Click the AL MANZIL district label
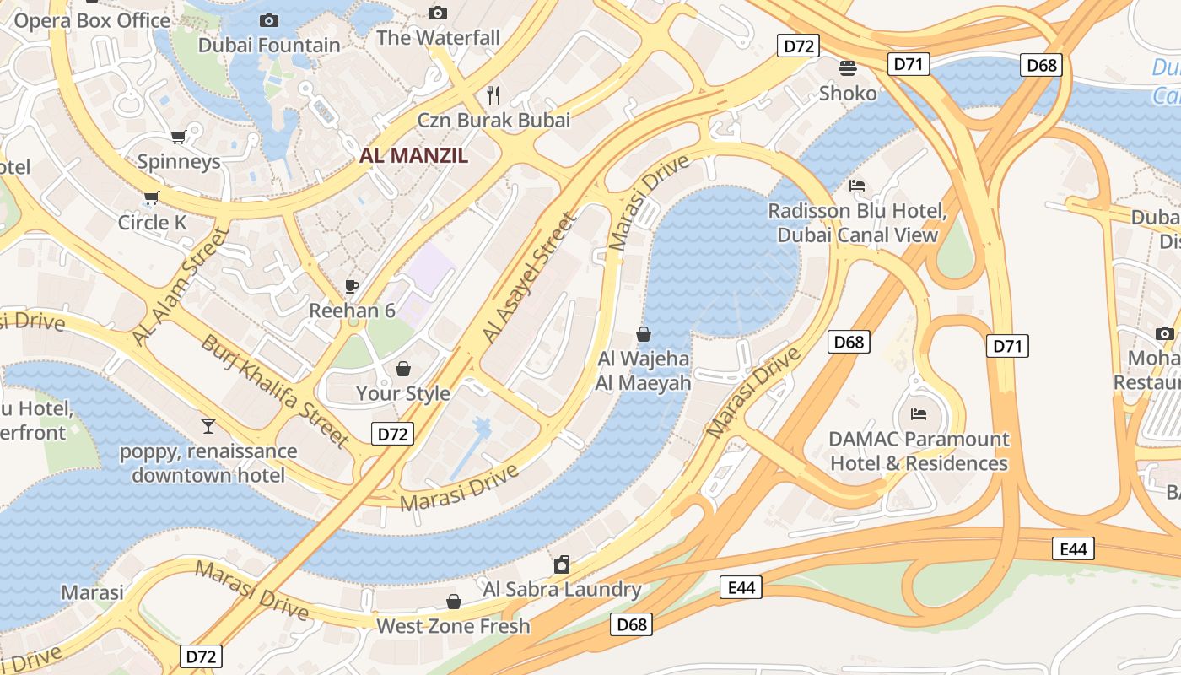pyautogui.click(x=413, y=155)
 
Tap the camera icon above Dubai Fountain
pyautogui.click(x=269, y=20)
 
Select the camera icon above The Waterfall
pyautogui.click(x=437, y=13)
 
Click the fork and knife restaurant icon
pyautogui.click(x=494, y=94)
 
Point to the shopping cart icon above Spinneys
pyautogui.click(x=178, y=137)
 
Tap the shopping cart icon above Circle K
pyautogui.click(x=152, y=197)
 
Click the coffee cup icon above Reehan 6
pyautogui.click(x=352, y=286)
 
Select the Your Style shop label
pyautogui.click(x=402, y=393)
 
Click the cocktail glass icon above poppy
pyautogui.click(x=208, y=426)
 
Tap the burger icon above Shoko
pyautogui.click(x=848, y=68)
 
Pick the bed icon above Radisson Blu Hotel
pyautogui.click(x=857, y=186)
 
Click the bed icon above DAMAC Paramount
pyautogui.click(x=919, y=414)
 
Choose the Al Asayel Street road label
pyautogui.click(x=530, y=278)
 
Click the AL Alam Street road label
pyautogui.click(x=181, y=285)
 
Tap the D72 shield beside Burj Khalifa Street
pyautogui.click(x=392, y=435)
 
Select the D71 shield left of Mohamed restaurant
pyautogui.click(x=1007, y=345)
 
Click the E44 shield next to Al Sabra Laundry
pyautogui.click(x=741, y=587)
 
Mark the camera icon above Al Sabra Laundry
pyautogui.click(x=562, y=564)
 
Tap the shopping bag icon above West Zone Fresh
pyautogui.click(x=454, y=602)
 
